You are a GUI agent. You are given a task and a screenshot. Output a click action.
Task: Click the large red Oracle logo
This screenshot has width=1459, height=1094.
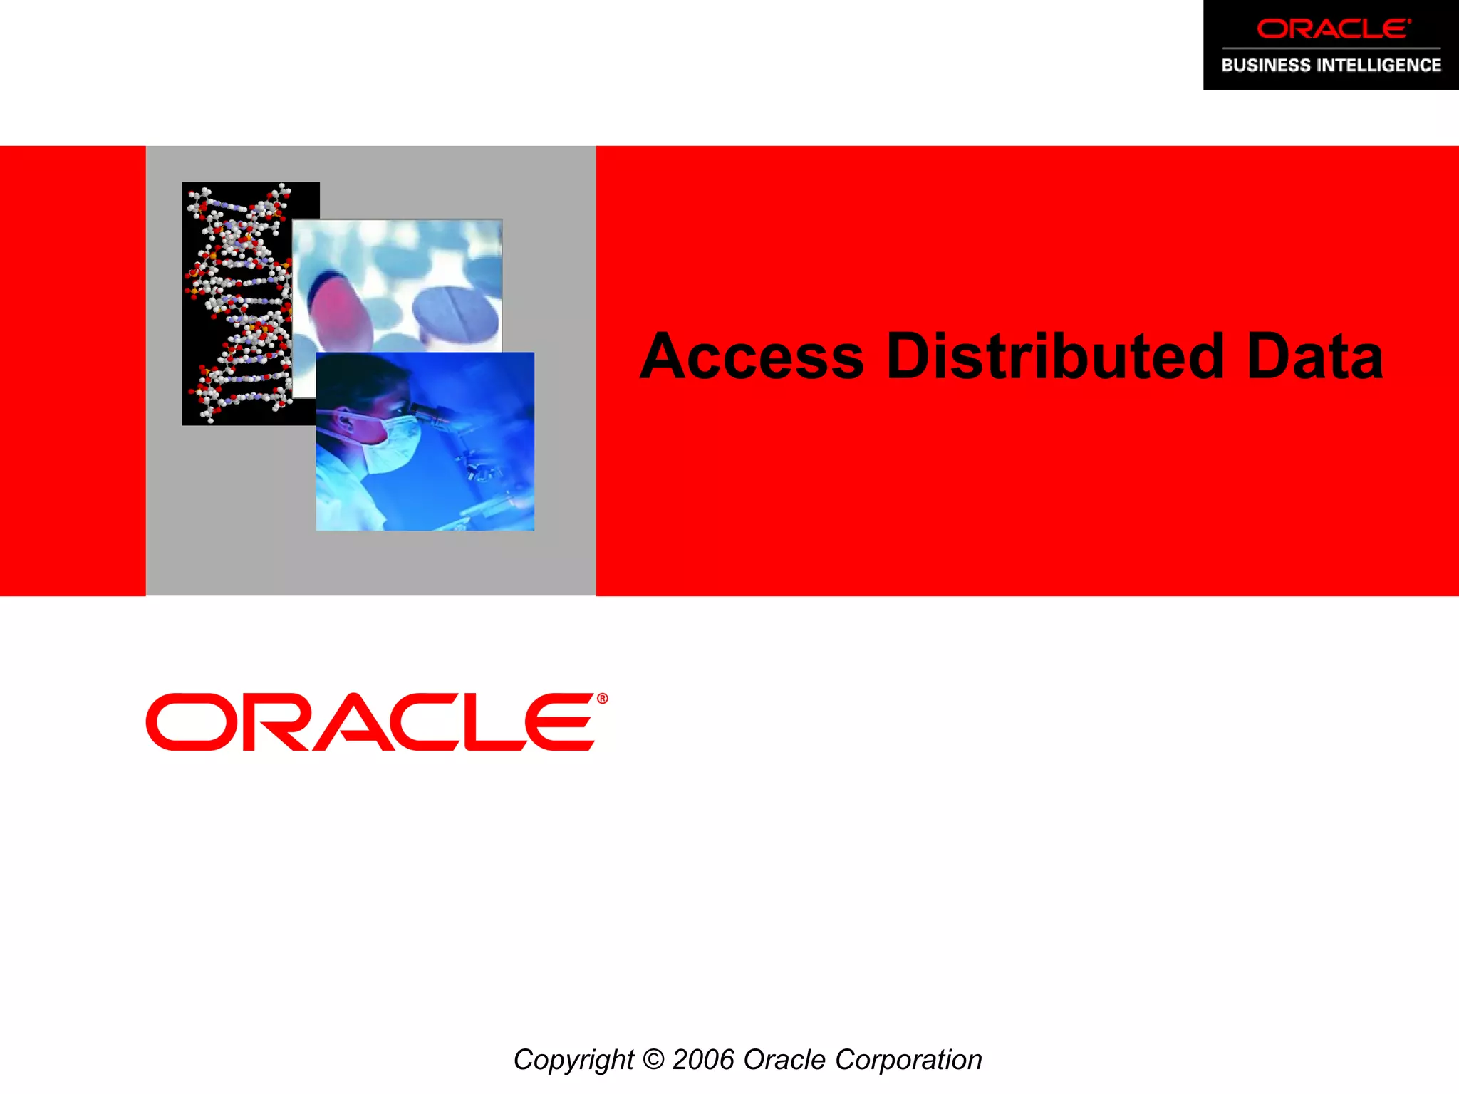point(370,722)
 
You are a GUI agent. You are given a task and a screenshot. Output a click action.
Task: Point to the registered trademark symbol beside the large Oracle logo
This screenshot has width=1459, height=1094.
point(603,699)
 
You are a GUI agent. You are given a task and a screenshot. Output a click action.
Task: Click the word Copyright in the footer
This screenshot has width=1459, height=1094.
point(573,1061)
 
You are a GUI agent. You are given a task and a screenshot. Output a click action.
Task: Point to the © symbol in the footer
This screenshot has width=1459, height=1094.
point(653,1060)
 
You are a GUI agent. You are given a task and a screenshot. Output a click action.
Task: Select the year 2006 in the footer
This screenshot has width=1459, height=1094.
point(703,1060)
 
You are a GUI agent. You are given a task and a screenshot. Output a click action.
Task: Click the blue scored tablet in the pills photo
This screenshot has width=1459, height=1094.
point(456,313)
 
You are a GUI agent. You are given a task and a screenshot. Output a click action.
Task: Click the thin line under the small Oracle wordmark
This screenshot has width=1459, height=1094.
point(1331,48)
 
